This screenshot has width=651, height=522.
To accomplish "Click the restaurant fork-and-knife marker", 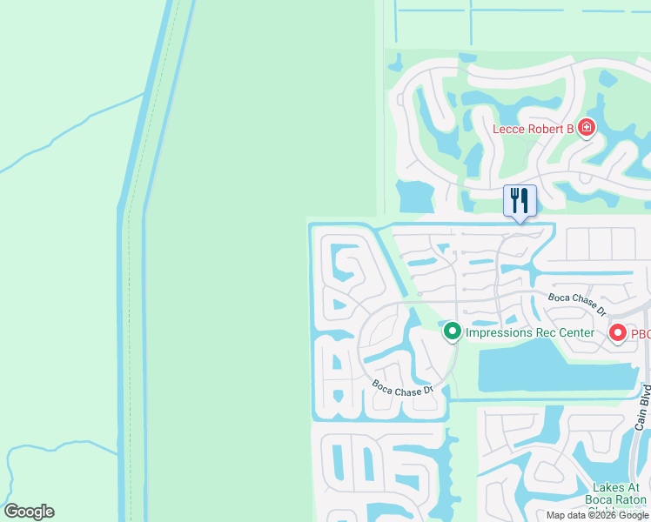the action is click(520, 201).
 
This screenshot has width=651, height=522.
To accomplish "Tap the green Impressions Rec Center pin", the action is click(452, 331).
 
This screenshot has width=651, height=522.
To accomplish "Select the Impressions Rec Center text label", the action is click(530, 333).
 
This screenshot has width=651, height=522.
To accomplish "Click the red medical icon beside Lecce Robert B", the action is click(587, 129).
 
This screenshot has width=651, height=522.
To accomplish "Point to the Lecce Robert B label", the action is click(534, 130).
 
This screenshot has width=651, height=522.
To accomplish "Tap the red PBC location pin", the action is click(618, 332).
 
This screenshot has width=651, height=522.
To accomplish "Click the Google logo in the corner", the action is click(29, 512).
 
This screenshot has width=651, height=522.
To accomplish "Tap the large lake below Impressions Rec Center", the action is click(548, 365).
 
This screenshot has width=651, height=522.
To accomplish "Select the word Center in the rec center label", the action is click(576, 333).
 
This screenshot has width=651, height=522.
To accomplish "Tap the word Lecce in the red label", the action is click(511, 130).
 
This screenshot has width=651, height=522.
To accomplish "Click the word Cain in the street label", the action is click(641, 419).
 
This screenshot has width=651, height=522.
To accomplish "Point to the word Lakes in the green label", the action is click(609, 488).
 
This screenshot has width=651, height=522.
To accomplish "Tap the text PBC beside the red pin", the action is click(641, 333).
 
